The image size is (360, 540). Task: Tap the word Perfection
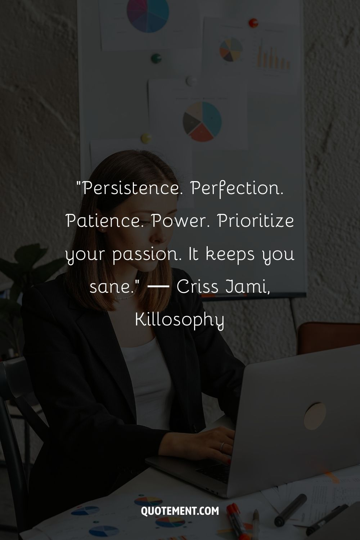(x=237, y=189)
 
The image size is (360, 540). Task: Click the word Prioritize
(x=256, y=221)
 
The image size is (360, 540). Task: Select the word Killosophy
(x=179, y=320)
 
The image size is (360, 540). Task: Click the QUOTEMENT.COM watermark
(x=180, y=511)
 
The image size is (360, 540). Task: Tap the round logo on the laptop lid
(x=315, y=416)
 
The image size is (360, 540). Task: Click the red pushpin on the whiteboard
(x=253, y=23)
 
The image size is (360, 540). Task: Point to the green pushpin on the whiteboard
(x=156, y=58)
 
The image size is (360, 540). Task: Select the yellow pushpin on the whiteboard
(x=146, y=139)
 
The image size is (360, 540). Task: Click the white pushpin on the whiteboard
(x=191, y=81)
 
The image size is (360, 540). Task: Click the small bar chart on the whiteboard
(x=274, y=57)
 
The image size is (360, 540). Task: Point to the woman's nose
(x=160, y=237)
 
